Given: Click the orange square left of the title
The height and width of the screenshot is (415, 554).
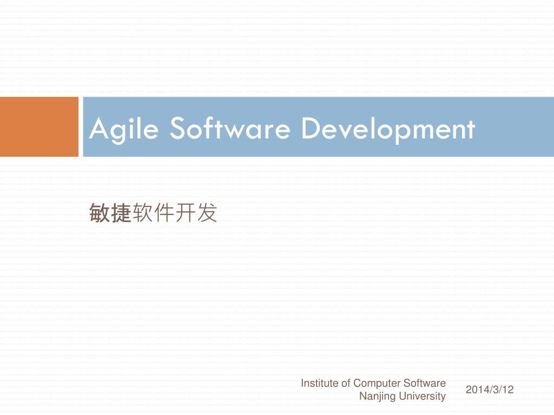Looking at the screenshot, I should [39, 127].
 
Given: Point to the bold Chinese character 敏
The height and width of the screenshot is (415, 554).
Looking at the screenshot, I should [100, 213].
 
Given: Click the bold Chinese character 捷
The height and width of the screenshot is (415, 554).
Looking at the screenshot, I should [121, 213].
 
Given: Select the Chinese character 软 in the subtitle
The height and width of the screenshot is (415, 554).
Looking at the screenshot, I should [142, 213].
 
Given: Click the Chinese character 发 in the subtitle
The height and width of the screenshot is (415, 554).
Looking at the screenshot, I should [207, 213].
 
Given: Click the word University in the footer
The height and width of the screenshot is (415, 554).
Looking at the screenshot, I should [423, 397].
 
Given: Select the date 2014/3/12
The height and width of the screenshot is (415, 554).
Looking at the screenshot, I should [489, 390].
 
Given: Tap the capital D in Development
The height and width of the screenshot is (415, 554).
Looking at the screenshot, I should [309, 129].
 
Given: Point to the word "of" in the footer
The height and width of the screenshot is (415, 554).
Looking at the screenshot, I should [346, 383].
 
